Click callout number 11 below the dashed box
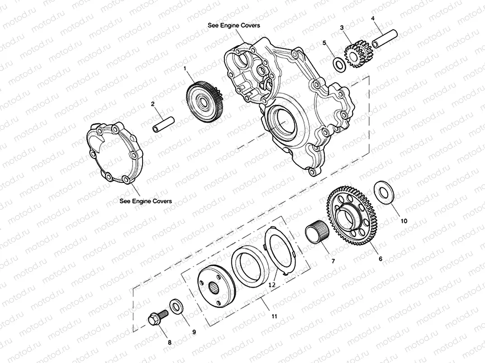tap(274, 316)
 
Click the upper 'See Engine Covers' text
tap(233, 25)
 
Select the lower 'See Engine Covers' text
tap(145, 201)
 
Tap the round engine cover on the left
tap(115, 153)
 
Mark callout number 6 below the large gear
tap(380, 259)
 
